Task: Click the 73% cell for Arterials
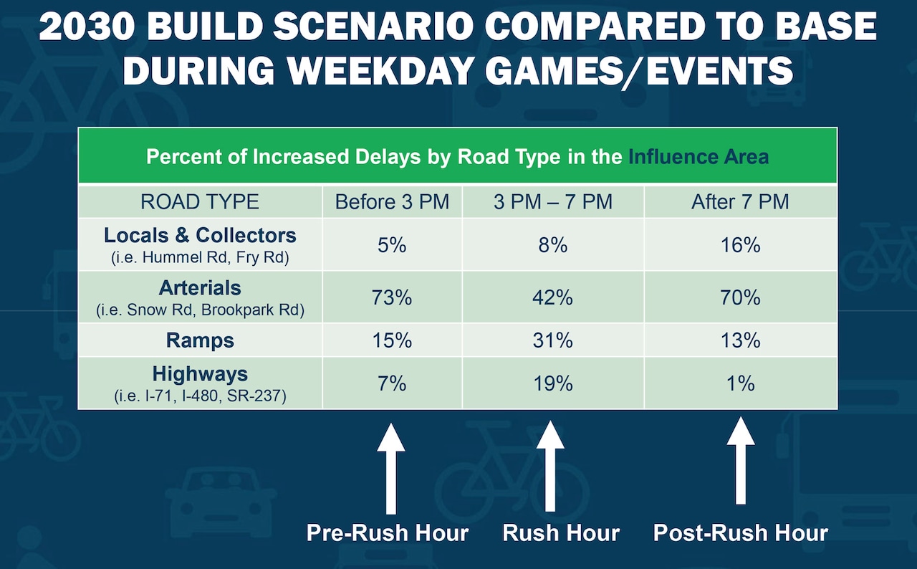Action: point(392,297)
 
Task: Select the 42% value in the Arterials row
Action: point(552,297)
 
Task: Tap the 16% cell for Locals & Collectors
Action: point(740,245)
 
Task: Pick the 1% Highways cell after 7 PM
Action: point(740,383)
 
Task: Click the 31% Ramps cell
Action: point(552,340)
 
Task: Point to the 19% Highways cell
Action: point(552,383)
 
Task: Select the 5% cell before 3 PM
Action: point(392,245)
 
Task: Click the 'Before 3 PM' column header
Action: point(392,202)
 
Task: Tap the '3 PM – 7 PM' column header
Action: point(552,202)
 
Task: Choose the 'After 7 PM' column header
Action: point(740,202)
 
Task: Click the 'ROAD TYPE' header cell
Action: point(200,202)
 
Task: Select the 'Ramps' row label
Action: point(200,340)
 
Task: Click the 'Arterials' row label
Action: point(200,288)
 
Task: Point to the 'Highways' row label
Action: point(200,374)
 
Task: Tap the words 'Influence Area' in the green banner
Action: point(698,156)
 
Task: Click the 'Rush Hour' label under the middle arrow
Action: point(561,533)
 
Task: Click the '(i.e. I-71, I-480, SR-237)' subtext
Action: point(200,396)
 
